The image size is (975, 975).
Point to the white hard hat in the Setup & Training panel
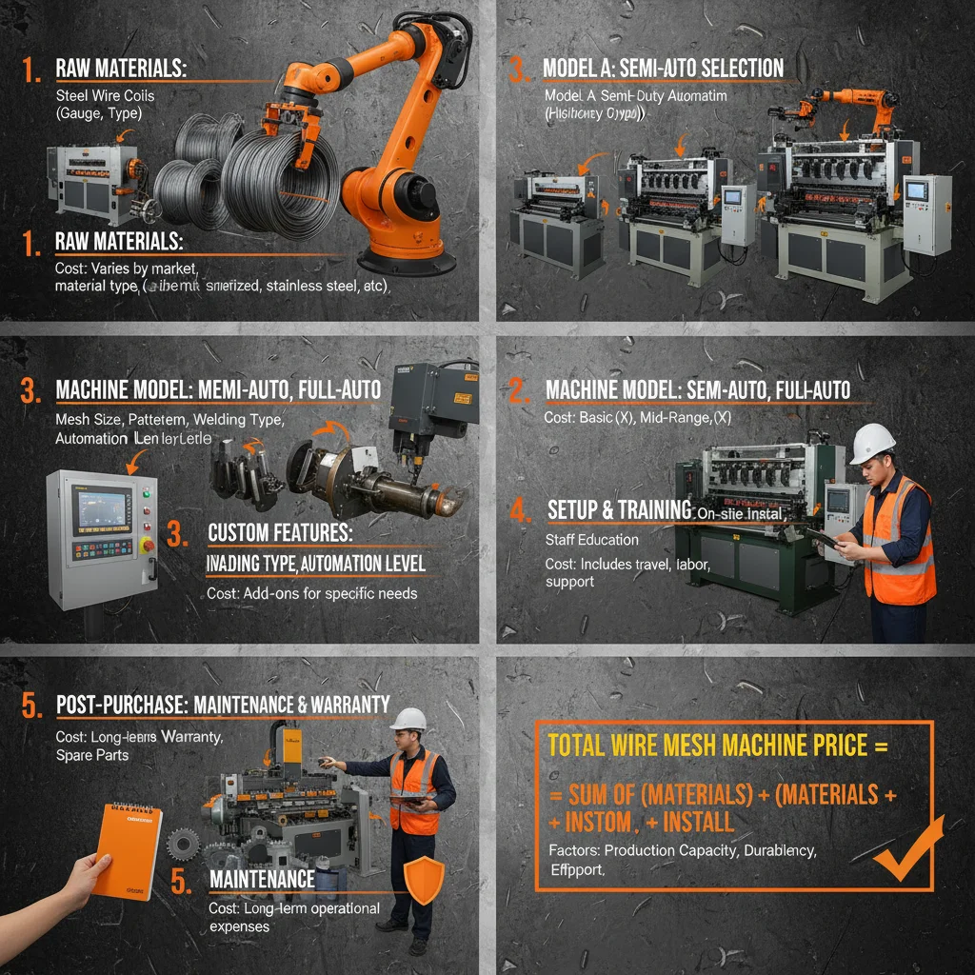pyautogui.click(x=872, y=443)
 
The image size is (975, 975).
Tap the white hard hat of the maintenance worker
pyautogui.click(x=409, y=719)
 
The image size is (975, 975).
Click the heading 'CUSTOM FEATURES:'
pyautogui.click(x=280, y=531)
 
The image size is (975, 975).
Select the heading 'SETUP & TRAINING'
pyautogui.click(x=619, y=510)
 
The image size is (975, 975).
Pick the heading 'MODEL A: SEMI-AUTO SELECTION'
pyautogui.click(x=663, y=68)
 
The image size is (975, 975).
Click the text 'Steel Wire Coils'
pyautogui.click(x=105, y=95)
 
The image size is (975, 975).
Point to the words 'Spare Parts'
pyautogui.click(x=91, y=754)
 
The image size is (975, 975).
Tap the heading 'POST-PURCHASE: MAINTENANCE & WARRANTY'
pyautogui.click(x=223, y=706)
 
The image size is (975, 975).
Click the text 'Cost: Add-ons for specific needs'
pyautogui.click(x=312, y=593)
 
